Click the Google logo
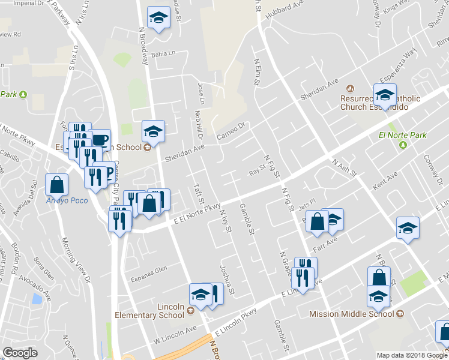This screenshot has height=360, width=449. click(x=20, y=353)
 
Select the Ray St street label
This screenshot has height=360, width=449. click(x=257, y=173)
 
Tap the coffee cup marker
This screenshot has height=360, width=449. click(x=100, y=140)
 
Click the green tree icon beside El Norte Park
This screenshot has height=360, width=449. click(x=405, y=144)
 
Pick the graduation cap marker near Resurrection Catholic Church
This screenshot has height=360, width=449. click(x=384, y=94)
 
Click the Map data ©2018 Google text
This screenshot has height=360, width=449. click(x=411, y=355)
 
